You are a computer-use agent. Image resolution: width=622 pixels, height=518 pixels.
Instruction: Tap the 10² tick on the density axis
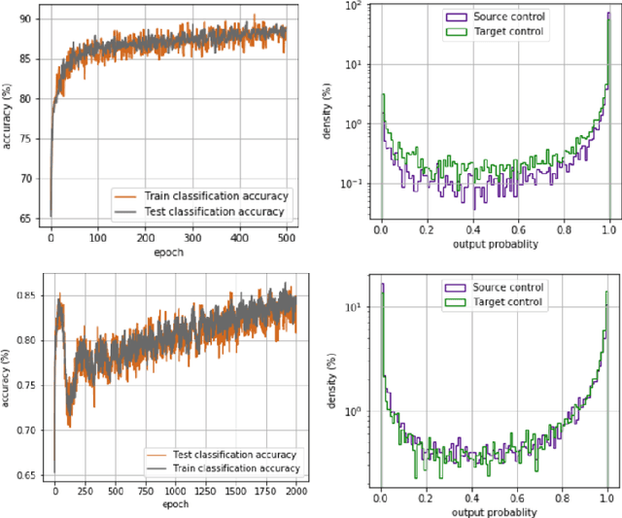pyautogui.click(x=358, y=8)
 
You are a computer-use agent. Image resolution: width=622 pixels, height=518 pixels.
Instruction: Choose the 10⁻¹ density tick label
pyautogui.click(x=356, y=182)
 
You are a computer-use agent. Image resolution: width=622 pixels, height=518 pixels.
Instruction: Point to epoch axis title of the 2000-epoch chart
pyautogui.click(x=175, y=505)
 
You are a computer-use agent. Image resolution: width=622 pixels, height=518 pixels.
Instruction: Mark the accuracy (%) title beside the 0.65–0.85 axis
pyautogui.click(x=8, y=386)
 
